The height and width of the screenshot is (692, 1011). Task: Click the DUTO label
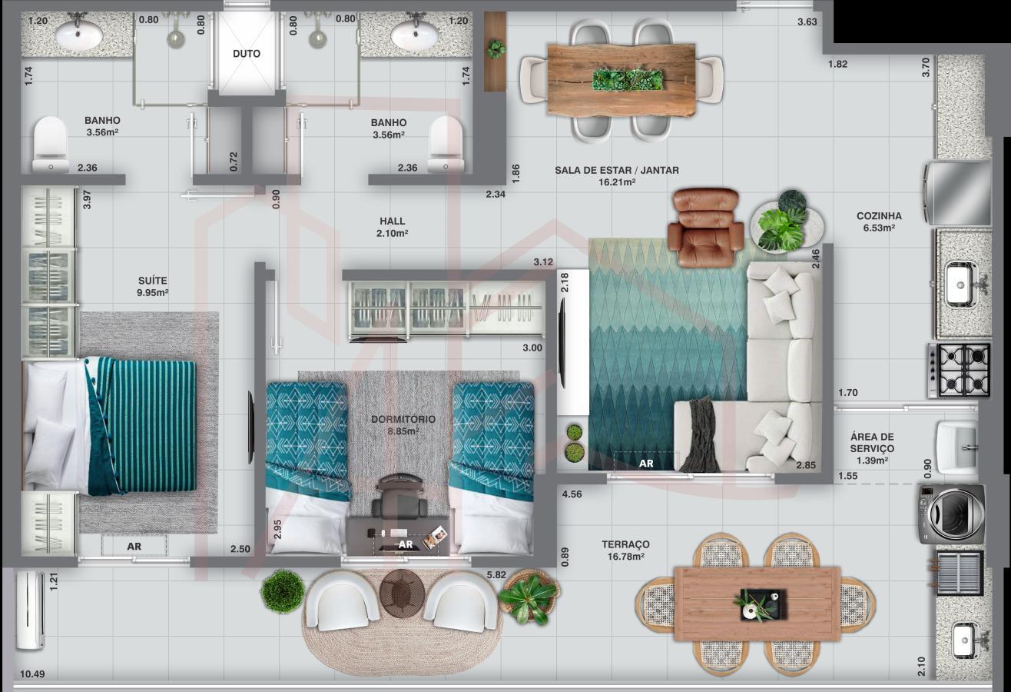click(x=247, y=54)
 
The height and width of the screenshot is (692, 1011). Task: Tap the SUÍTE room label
click(x=153, y=281)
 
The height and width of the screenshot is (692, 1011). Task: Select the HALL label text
click(x=393, y=221)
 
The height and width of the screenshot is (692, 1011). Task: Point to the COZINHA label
click(x=879, y=216)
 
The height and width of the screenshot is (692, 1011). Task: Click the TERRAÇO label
click(x=625, y=544)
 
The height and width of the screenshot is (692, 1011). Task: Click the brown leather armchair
click(x=706, y=227)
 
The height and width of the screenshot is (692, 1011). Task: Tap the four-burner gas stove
click(x=960, y=371)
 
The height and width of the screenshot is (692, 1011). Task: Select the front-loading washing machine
click(x=952, y=514)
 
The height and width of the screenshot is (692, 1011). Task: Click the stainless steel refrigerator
click(x=957, y=193)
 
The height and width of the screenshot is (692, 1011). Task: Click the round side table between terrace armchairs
click(x=402, y=592)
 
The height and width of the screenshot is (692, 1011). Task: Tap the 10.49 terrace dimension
click(x=32, y=674)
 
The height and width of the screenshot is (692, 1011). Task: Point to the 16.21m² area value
click(x=617, y=182)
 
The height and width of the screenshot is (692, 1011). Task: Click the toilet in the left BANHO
click(x=50, y=145)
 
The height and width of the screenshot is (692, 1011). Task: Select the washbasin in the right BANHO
click(x=414, y=35)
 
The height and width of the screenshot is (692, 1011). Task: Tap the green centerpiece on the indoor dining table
click(x=628, y=79)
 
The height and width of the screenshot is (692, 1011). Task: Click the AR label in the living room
click(x=646, y=464)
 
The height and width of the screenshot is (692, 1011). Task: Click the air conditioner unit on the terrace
click(x=30, y=610)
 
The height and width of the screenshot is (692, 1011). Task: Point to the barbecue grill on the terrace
click(x=959, y=572)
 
